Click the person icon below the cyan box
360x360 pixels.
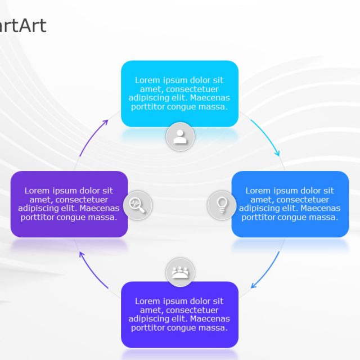pos(180,137)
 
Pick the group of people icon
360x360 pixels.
pos(180,273)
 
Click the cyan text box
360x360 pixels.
pos(180,93)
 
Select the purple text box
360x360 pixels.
pos(69,204)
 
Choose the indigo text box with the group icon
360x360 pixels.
pos(180,314)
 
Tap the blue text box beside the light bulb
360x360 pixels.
pos(290,204)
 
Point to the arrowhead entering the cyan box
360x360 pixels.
pos(106,121)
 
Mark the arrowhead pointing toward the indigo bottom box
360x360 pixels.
pos(253,286)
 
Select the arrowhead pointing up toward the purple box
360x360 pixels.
pos(82,255)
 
